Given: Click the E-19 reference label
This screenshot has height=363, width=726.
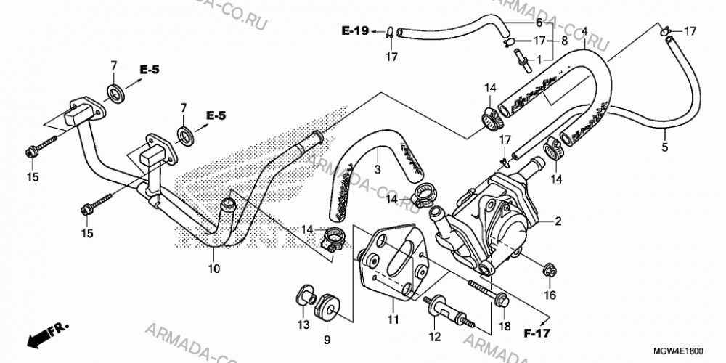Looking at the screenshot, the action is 355,31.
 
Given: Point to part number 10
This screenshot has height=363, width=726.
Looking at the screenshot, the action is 214,268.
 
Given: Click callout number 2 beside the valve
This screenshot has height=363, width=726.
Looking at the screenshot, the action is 558,221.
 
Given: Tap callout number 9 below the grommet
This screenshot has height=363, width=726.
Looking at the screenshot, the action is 327,340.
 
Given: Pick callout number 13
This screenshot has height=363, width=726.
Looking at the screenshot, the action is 303,325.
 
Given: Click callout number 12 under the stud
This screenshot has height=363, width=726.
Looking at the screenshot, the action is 435,338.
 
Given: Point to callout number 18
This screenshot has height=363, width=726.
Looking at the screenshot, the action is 505,327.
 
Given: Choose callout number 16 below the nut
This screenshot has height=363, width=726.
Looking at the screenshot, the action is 550,295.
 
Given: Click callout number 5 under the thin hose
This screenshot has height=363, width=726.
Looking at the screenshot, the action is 664,148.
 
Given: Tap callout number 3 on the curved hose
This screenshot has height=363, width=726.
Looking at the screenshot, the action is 378,169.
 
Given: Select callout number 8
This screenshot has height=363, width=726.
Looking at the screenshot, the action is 564,41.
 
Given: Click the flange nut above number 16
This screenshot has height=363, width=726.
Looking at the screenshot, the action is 549,268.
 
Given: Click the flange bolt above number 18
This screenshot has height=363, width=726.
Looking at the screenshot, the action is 489,293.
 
